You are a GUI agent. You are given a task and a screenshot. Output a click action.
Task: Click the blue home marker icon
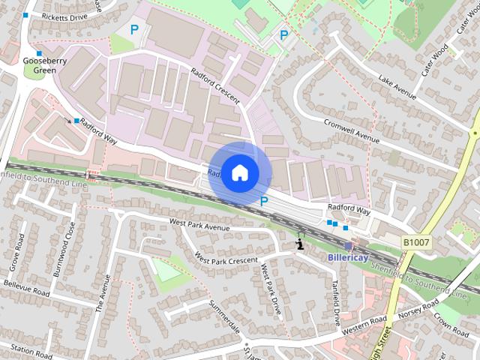click(239, 172)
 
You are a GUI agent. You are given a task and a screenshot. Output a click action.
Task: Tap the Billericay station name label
click(348, 256)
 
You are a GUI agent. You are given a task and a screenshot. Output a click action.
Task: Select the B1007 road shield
click(415, 243)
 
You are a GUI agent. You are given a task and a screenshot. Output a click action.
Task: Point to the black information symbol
click(300, 243)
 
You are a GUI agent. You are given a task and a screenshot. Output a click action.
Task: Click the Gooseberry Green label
click(40, 65)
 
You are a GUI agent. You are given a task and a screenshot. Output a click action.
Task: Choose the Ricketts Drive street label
click(64, 16)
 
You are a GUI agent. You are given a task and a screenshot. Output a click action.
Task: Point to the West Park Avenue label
click(199, 224)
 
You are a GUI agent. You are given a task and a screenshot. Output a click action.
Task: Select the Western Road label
click(362, 327)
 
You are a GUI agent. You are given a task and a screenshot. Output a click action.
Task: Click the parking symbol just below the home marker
click(264, 201)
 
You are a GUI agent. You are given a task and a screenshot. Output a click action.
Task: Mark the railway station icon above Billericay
click(348, 245)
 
